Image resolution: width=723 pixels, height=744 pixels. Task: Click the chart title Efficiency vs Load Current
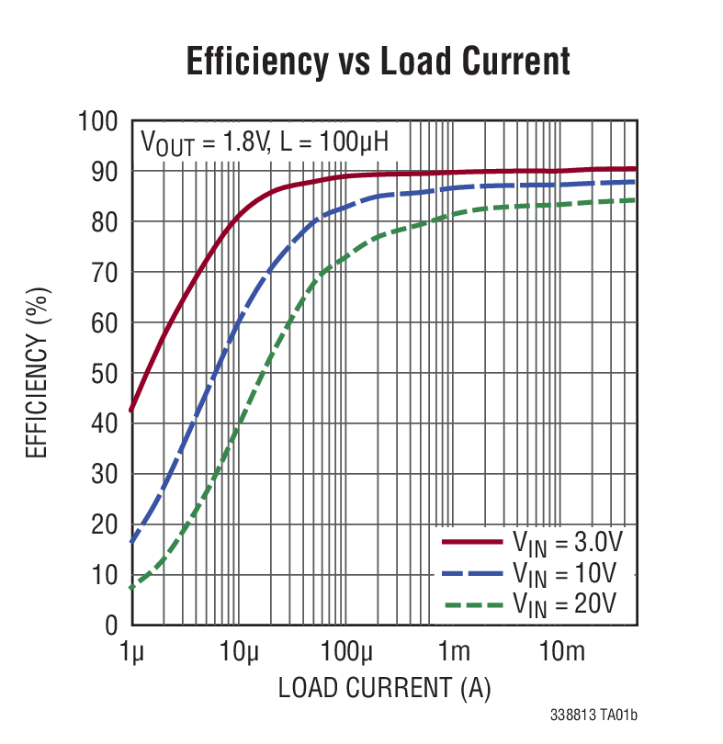click(378, 62)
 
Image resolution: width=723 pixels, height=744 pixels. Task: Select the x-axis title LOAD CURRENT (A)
click(384, 687)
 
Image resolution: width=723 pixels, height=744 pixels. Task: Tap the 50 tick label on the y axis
click(106, 374)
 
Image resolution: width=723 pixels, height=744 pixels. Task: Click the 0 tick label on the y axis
click(112, 626)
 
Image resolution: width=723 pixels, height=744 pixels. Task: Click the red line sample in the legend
click(472, 542)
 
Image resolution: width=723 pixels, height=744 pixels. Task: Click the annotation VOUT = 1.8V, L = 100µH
click(264, 142)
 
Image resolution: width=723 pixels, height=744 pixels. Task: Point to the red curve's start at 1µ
click(132, 411)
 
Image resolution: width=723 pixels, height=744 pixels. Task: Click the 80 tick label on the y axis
click(106, 222)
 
